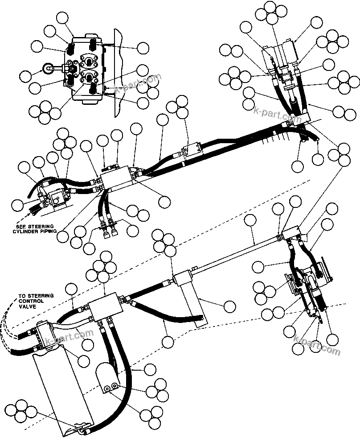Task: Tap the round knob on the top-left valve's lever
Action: pos(46,68)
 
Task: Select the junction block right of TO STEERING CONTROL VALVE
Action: pos(105,307)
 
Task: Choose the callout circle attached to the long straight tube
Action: pos(251,220)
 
